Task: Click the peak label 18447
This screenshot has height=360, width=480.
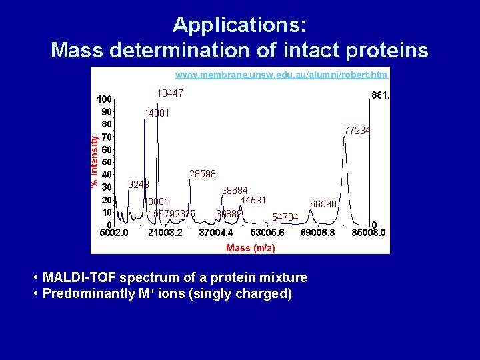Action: pos(170,93)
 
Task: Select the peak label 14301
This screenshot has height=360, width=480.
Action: pos(157,113)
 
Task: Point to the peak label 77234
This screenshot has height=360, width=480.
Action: pos(357,131)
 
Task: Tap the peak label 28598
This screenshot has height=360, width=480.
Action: pos(203,174)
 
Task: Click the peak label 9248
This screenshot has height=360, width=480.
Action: pos(139,184)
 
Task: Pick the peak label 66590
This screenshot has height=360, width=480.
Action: pos(323,204)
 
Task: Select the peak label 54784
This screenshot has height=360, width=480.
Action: pos(285,217)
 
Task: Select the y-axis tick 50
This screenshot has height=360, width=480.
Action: pos(106,162)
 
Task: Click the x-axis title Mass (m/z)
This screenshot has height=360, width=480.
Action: pos(250,248)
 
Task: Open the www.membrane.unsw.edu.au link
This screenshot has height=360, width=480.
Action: pos(281,75)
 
